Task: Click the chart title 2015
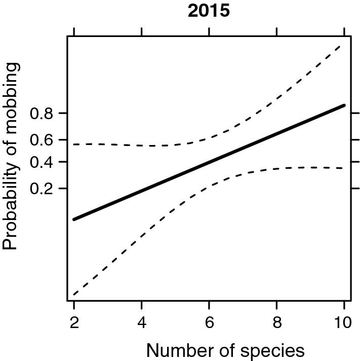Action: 209,12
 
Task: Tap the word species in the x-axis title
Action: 274,350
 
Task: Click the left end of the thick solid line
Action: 74,219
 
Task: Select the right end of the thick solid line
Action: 344,105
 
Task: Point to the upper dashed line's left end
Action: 74,145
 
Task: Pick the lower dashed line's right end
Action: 344,168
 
